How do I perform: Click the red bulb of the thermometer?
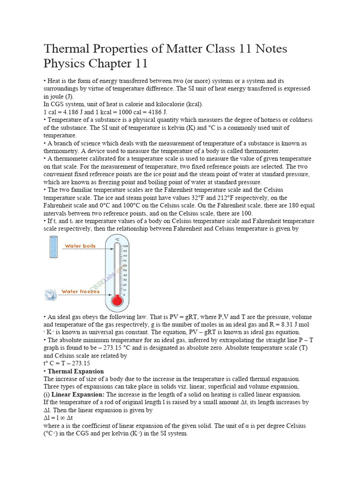pyautogui.click(x=117, y=300)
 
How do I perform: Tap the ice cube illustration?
pyautogui.click(x=51, y=295)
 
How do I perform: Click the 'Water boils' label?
pyautogui.click(x=80, y=246)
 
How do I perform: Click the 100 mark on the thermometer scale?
pyautogui.click(x=125, y=246)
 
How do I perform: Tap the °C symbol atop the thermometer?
pyautogui.click(x=117, y=239)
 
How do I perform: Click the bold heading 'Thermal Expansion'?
pyautogui.click(x=75, y=371)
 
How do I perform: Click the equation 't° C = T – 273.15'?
pyautogui.click(x=67, y=363)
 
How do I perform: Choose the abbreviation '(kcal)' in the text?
pyautogui.click(x=193, y=104)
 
